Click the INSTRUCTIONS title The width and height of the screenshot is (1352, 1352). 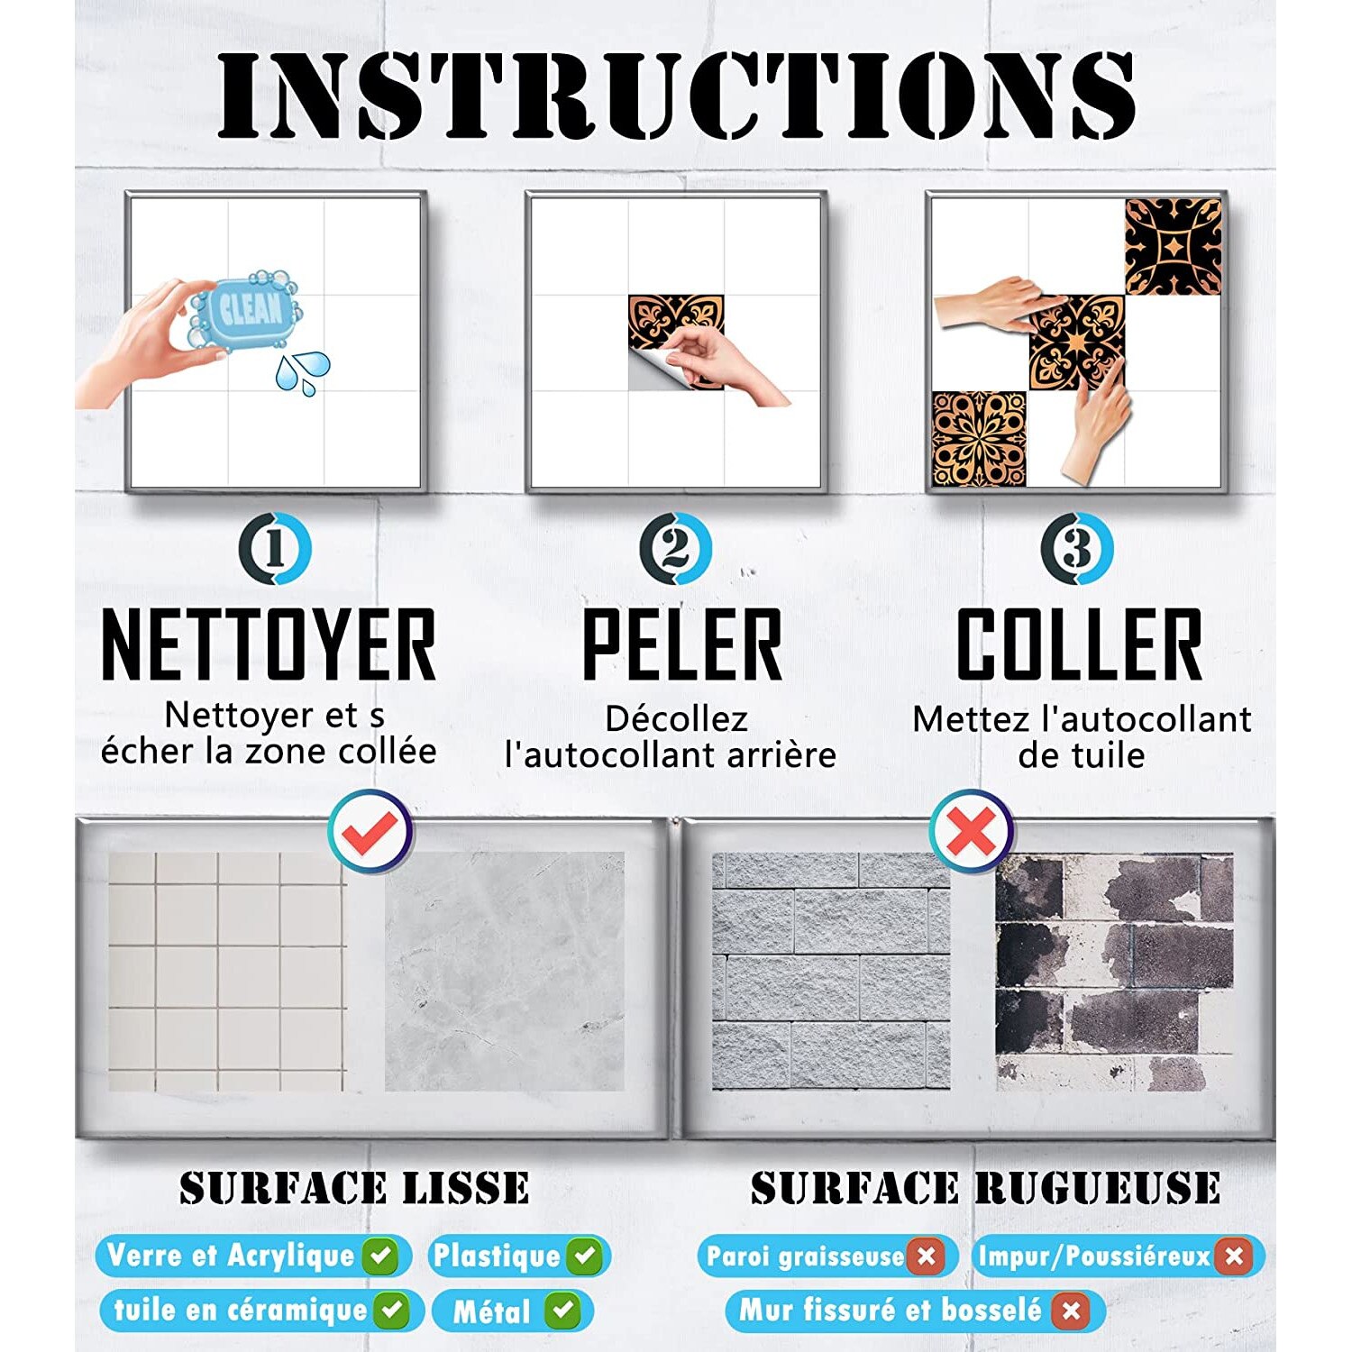click(x=676, y=95)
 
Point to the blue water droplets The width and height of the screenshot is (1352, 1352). click(x=303, y=372)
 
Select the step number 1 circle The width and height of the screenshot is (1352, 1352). click(x=275, y=548)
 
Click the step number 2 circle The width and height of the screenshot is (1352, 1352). click(x=675, y=548)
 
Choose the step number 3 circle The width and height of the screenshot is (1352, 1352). click(x=1076, y=548)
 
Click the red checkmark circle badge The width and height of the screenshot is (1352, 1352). click(x=370, y=831)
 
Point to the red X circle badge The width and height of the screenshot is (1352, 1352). click(x=972, y=831)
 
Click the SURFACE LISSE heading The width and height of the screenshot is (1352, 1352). click(x=354, y=1188)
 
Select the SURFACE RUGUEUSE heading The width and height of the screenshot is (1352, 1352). click(x=985, y=1188)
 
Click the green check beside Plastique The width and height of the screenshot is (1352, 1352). click(x=586, y=1256)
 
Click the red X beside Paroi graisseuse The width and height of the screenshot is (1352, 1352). click(x=926, y=1256)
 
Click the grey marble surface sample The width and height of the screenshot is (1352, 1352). click(x=505, y=972)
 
